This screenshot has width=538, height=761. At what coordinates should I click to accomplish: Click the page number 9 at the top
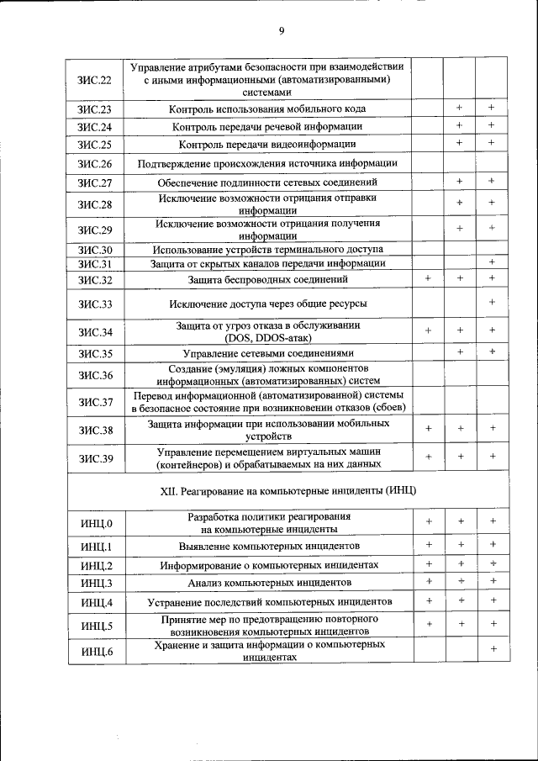282,31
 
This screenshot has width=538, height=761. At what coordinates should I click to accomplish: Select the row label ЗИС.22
95,79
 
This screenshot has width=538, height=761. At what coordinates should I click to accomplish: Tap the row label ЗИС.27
95,182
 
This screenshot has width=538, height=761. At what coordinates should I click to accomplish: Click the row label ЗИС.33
95,304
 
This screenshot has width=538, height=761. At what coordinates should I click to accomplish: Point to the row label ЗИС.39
95,457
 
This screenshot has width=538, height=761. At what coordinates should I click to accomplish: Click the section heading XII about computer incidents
276,489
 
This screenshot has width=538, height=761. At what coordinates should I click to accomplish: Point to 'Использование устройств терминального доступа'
267,251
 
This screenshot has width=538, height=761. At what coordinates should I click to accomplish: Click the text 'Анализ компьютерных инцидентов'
269,583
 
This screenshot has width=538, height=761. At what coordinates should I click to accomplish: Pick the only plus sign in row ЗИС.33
493,302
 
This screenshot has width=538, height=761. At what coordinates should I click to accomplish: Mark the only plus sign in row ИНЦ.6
493,649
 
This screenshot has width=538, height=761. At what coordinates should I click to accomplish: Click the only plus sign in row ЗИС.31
493,263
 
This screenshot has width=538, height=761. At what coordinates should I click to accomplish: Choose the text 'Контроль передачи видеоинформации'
267,145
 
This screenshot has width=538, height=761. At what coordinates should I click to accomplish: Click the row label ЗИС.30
95,251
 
